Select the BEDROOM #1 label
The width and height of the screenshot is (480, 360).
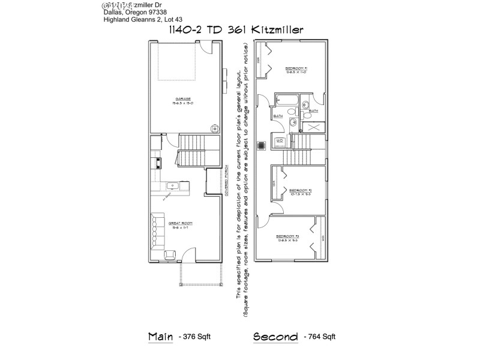click(296, 70)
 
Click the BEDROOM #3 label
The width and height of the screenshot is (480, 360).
click(287, 237)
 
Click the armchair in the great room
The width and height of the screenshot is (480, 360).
click(170, 256)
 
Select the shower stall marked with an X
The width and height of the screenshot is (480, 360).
click(314, 127)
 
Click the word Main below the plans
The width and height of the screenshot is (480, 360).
click(160, 336)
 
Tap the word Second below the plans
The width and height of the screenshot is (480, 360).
click(275, 336)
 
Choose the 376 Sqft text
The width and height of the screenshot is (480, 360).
click(195, 337)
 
